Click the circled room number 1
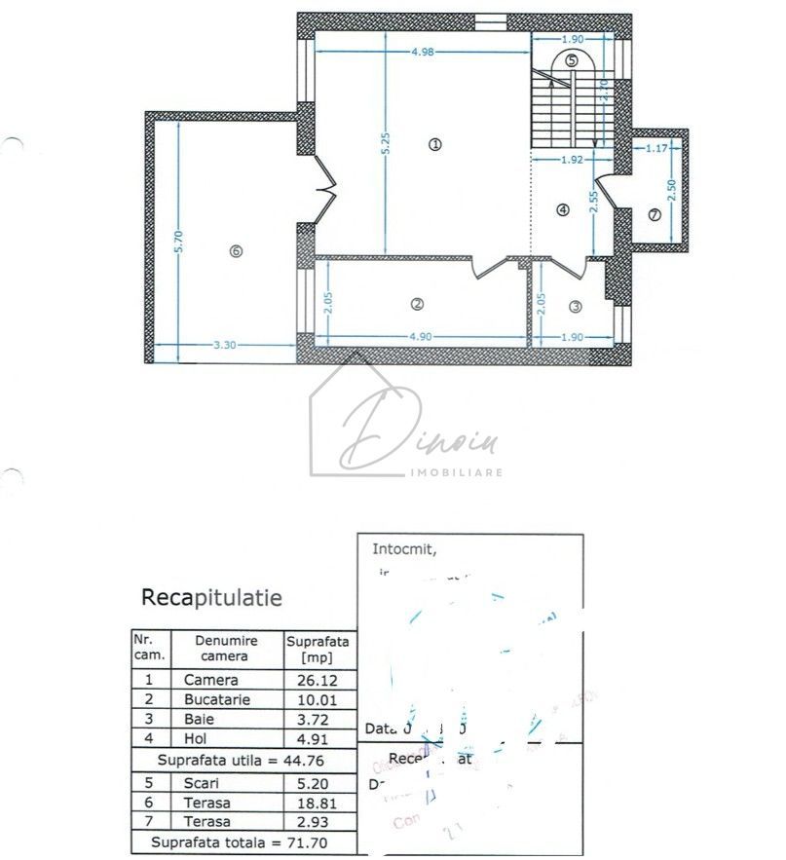434,144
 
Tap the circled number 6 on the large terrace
235,250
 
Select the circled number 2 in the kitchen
417,304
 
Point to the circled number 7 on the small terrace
654,214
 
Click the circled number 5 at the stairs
572,60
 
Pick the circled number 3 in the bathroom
575,307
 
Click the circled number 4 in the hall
562,209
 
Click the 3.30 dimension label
226,344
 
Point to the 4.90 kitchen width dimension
420,337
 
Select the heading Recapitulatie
211,597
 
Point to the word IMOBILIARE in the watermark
459,471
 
